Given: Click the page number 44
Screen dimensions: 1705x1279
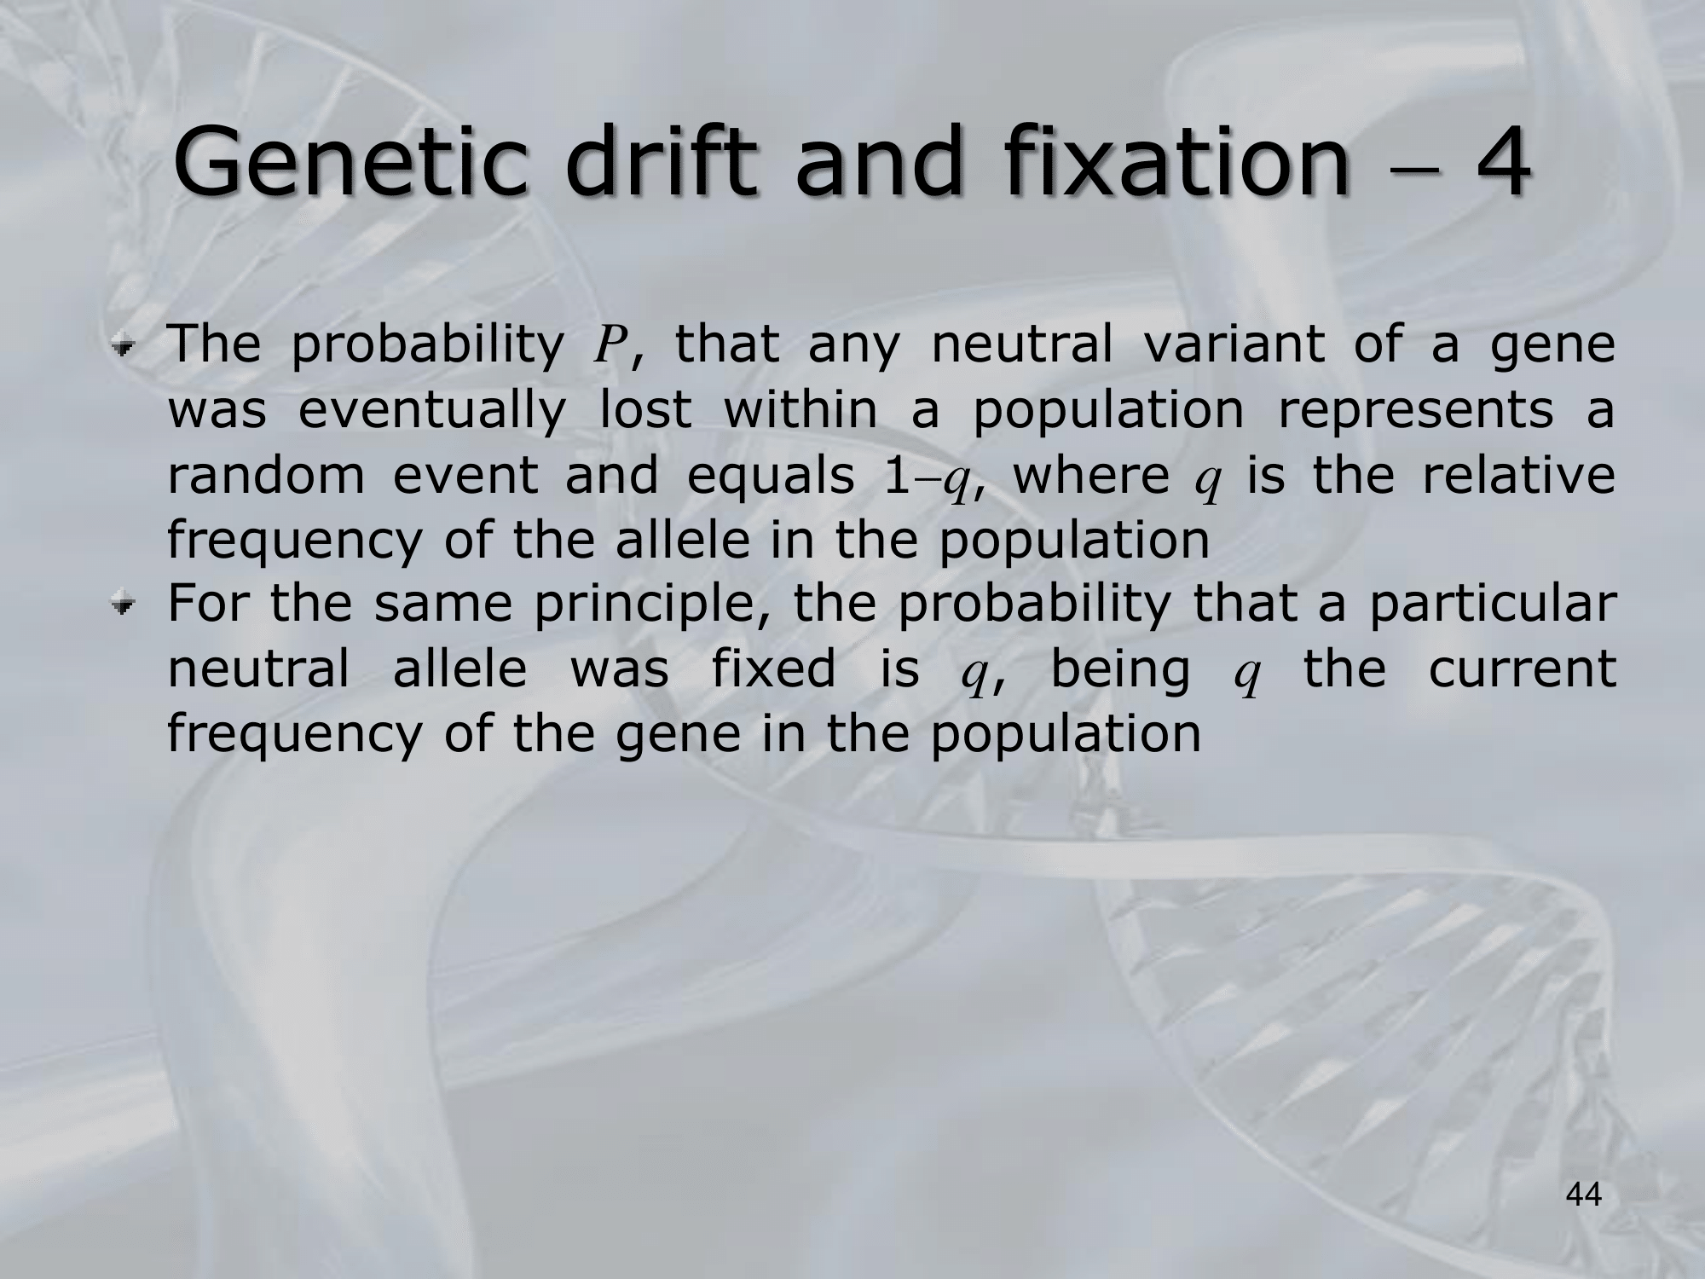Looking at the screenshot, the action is coord(1584,1195).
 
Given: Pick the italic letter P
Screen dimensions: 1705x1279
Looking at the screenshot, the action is coord(609,345).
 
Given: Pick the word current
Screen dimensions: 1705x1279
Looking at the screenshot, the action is coord(1522,670).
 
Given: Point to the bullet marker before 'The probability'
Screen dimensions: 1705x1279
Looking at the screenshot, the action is coord(125,346).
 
